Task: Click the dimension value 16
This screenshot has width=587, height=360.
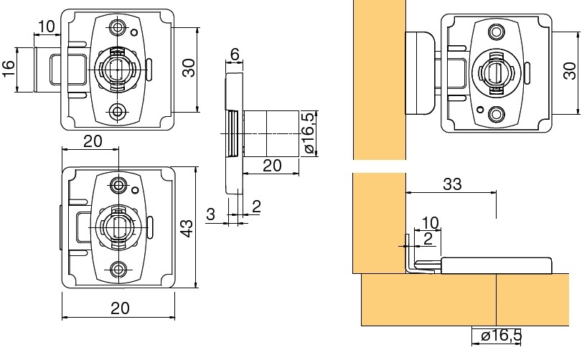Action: [9, 70]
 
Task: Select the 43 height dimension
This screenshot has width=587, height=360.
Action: [186, 228]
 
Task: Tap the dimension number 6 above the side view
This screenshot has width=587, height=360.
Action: [235, 55]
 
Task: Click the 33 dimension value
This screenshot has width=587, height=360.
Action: [451, 184]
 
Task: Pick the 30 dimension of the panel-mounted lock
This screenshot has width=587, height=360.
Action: [570, 70]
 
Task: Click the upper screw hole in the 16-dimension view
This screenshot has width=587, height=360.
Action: [118, 27]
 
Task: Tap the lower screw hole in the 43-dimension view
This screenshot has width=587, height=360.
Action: [120, 270]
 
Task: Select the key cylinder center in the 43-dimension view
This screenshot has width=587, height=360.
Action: [120, 227]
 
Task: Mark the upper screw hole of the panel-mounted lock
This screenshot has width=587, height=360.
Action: [496, 32]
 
